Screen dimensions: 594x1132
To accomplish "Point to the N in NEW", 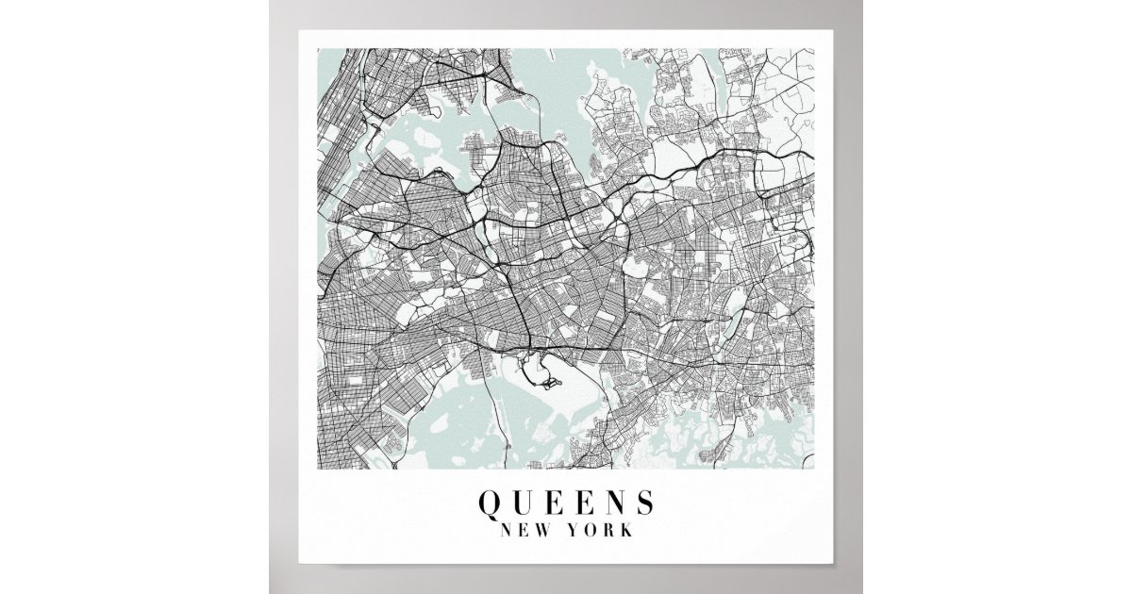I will (x=508, y=530).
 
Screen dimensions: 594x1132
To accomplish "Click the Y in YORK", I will (x=574, y=530).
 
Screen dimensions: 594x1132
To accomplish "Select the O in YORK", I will (x=591, y=530).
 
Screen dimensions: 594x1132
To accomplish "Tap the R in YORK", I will (x=609, y=530).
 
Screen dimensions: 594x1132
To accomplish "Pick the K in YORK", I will (x=626, y=530).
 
